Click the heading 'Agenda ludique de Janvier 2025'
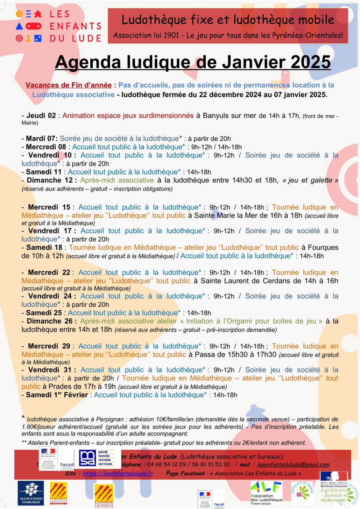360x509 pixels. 193,62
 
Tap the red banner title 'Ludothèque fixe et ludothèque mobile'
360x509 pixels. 228,20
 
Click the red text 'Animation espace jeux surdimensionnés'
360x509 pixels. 128,115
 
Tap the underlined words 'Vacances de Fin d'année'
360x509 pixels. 68,85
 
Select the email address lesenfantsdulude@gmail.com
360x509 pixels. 293,465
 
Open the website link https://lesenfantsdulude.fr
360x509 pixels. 118,473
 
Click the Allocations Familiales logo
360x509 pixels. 31,493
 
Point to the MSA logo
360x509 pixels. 87,458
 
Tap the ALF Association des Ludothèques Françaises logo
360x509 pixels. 266,492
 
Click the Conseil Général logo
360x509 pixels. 104,496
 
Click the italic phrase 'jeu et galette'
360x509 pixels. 310,180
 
